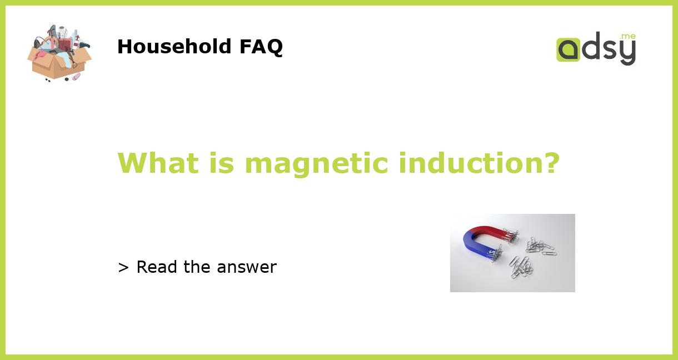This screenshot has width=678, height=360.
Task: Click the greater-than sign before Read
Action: pos(123,268)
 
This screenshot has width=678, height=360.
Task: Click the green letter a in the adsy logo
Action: pos(569,49)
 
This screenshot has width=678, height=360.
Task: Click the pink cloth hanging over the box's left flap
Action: pos(39,57)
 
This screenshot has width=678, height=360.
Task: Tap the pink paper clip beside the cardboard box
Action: pos(76,76)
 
